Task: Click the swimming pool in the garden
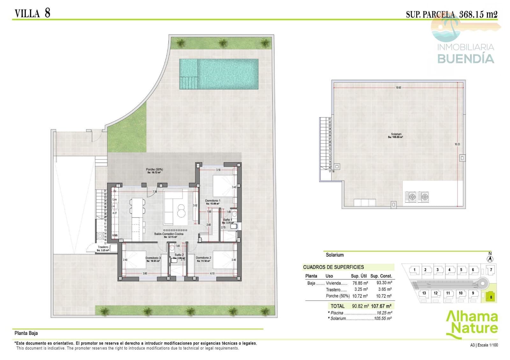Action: pos(219,74)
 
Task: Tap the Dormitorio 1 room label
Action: pos(213,201)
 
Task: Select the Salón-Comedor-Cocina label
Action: pos(169,234)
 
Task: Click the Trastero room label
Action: pos(103,247)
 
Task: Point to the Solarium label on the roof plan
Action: pos(396,134)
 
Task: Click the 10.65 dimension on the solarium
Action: pos(398,88)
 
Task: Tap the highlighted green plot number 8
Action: pos(491,297)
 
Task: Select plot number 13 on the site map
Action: pos(424,293)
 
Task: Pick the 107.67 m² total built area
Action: pos(381,306)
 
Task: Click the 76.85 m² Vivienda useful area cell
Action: pos(360,283)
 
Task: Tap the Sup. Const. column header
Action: pos(381,276)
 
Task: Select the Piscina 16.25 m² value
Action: pos(384,313)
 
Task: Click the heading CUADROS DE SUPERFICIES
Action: pos(333,267)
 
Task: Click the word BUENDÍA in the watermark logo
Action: pos(465,59)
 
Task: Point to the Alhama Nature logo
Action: pos(472,323)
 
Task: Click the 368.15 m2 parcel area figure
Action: pos(478,14)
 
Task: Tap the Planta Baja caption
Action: pos(26,333)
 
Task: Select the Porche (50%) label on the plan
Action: pos(154,169)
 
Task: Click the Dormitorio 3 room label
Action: pos(153,258)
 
